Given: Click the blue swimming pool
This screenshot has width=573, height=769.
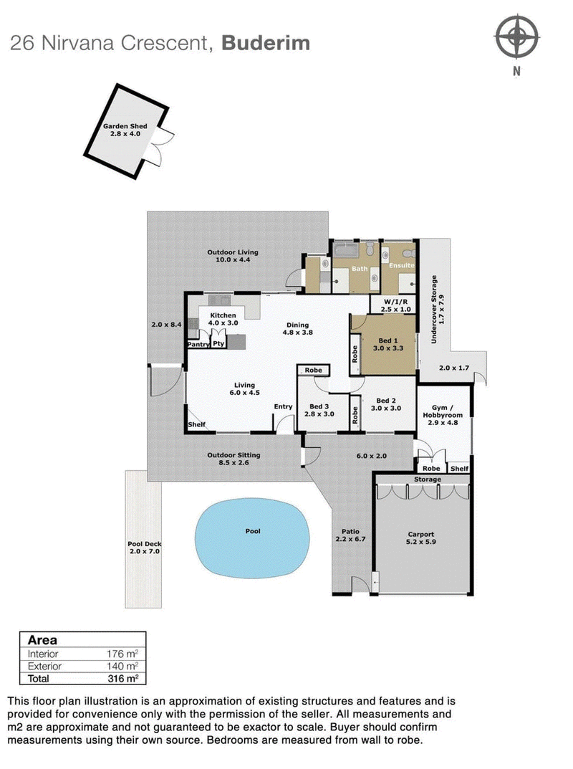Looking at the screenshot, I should tap(254, 532).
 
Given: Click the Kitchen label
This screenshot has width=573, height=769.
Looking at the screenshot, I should tap(223, 315).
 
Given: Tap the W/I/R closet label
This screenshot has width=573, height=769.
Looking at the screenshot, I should tap(395, 302).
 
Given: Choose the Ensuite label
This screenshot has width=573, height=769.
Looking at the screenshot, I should tap(402, 266).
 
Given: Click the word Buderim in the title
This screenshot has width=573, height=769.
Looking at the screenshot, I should tap(266, 43).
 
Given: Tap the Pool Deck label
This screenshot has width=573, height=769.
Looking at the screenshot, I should tap(141, 543).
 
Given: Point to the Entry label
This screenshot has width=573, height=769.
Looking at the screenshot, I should tap(283, 407).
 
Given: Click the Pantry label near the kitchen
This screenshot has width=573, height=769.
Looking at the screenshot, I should tap(198, 345).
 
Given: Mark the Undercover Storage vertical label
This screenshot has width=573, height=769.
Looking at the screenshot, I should tap(432, 309).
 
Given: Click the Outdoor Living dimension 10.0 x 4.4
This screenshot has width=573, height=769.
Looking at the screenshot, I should tap(233, 260).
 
